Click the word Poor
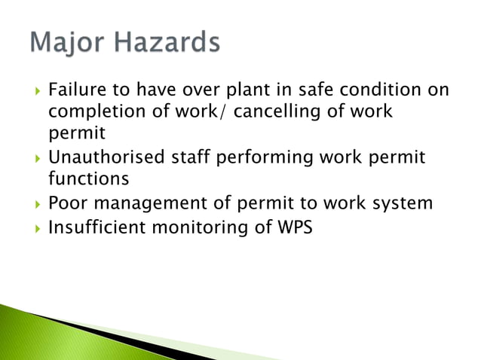pos(66,203)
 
